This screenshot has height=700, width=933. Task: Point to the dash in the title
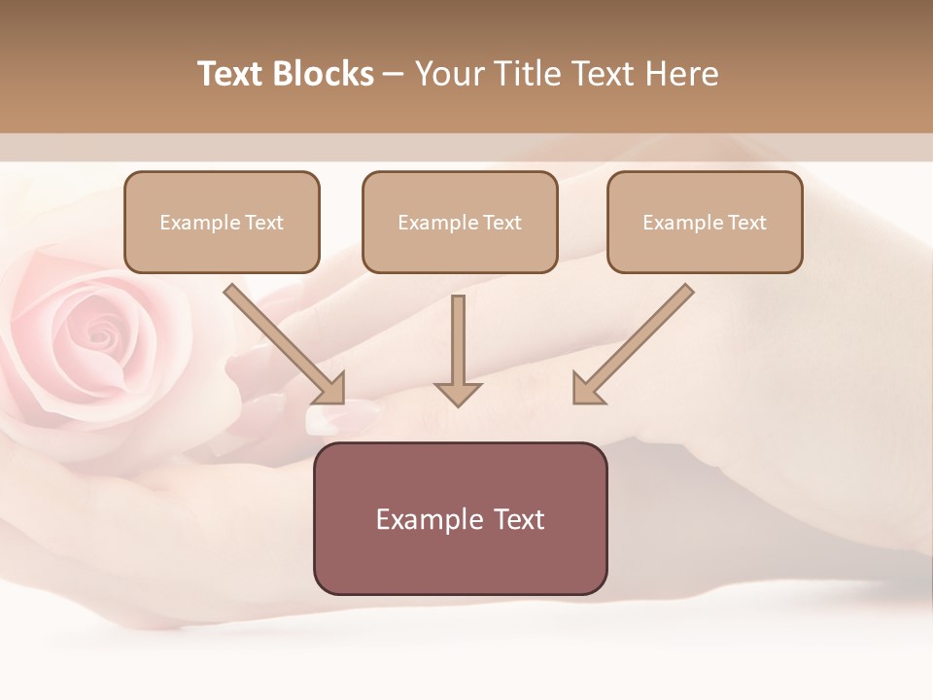coord(394,75)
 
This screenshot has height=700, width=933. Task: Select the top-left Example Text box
coord(222,222)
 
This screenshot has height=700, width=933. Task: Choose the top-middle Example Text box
coord(460,222)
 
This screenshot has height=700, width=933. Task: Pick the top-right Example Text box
coord(705,222)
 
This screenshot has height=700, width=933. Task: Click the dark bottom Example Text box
coord(460,518)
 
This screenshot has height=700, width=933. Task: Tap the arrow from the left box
coord(282,342)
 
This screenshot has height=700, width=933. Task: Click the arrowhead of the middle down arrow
coord(458,393)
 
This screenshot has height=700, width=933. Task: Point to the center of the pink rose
coord(97,335)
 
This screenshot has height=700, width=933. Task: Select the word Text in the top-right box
coord(747,222)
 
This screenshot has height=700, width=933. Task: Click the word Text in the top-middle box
coord(502,222)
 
